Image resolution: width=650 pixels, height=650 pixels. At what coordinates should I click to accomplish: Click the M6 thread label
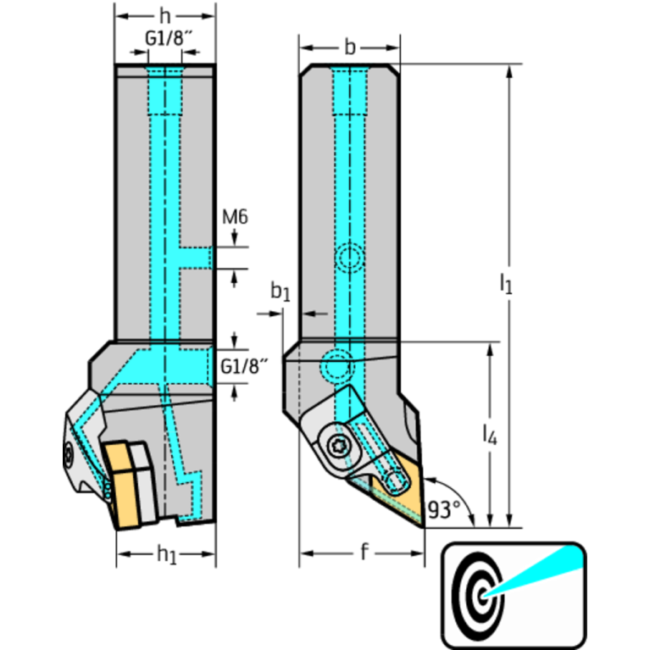[x=235, y=218]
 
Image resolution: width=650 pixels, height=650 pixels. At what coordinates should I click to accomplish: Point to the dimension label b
[x=350, y=47]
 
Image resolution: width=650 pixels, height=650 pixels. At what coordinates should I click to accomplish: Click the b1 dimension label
[x=281, y=293]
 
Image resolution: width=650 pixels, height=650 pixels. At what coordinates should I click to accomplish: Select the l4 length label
[x=489, y=436]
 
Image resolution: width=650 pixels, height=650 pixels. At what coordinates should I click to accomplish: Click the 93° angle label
[x=444, y=509]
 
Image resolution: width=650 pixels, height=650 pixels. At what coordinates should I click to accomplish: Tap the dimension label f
[x=364, y=553]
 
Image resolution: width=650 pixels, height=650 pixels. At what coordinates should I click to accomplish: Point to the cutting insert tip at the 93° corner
[x=421, y=524]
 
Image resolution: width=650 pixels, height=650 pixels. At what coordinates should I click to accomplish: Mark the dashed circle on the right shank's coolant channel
[x=350, y=258]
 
